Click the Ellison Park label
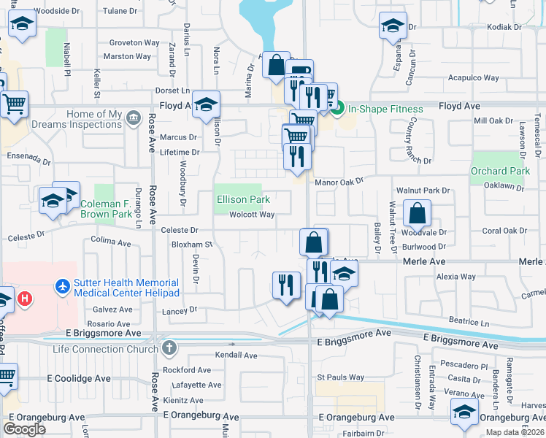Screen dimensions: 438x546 coord(243,199)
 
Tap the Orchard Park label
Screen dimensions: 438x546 coord(500,172)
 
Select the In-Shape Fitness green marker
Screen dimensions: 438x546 coord(337,108)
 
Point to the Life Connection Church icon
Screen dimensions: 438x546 coord(170,347)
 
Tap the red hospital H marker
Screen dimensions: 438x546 coord(26,299)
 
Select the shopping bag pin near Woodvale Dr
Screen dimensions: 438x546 coord(417,214)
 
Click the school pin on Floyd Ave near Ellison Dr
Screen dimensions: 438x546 coord(207,104)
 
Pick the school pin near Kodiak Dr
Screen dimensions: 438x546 coord(393,26)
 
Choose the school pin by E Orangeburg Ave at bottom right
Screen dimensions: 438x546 coord(464,412)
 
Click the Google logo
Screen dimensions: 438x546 coord(24,429)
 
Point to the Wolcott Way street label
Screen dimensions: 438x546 coord(252,215)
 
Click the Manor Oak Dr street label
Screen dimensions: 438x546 coord(339,181)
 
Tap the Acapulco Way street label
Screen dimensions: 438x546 coord(473,78)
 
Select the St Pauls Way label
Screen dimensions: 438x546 coord(340,377)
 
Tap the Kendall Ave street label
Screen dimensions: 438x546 coord(236,356)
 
